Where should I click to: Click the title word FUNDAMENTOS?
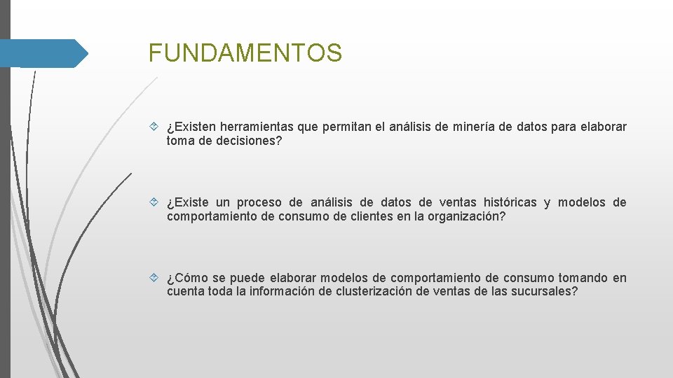point(245,52)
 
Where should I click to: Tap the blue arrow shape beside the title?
point(43,53)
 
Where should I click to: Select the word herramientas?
point(257,127)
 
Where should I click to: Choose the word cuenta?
point(186,291)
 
